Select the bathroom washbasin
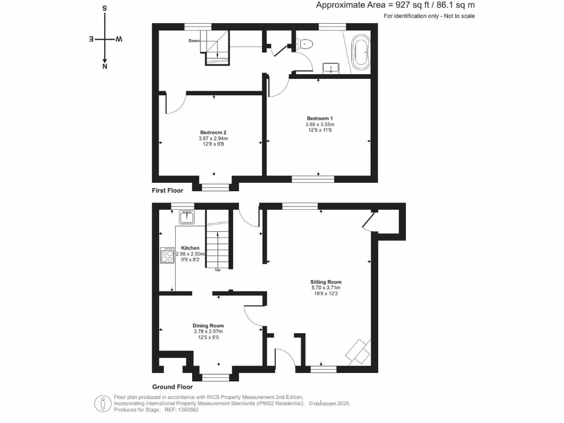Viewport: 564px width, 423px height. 331,68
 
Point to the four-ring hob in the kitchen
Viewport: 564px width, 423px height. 167,256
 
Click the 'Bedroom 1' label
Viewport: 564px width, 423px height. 319,118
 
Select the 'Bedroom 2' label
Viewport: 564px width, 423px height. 213,133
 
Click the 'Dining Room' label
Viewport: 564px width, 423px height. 208,326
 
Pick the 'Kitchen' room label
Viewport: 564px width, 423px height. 190,248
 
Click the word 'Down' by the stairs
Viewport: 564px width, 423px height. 194,41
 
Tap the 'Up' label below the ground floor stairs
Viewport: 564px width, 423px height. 218,270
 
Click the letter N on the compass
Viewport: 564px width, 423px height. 105,67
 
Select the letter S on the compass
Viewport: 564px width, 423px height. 105,9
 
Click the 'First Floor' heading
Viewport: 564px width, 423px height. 167,191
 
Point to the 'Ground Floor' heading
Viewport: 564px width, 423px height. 172,387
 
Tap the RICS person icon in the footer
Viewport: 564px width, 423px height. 102,404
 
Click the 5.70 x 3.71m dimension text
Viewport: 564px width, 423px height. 326,288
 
